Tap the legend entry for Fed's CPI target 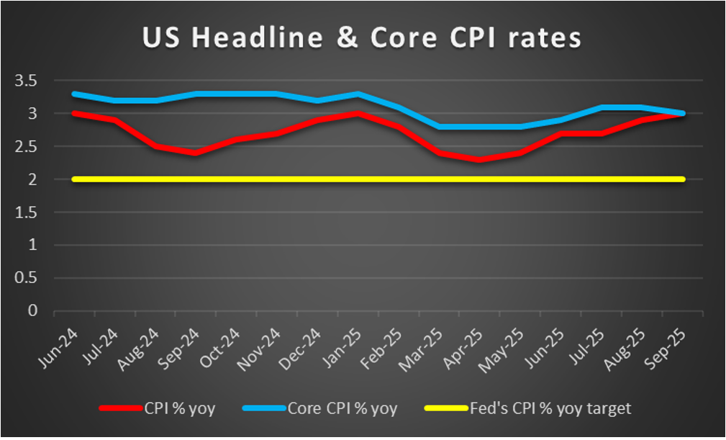click(529, 409)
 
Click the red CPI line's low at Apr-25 click(480, 159)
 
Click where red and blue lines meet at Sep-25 click(681, 113)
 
